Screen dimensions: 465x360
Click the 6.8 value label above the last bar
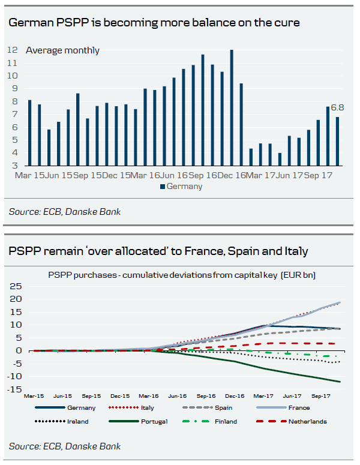337,108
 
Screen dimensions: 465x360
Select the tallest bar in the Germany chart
232,108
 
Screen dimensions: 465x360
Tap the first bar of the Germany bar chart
29,133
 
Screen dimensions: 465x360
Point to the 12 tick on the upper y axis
12,50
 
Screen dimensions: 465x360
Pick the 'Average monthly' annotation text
62,50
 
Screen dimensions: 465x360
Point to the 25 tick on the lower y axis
16,286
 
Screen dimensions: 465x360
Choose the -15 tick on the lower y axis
14,389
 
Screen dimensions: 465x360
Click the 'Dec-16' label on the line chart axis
235,396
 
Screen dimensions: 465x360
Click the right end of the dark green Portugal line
340,382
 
